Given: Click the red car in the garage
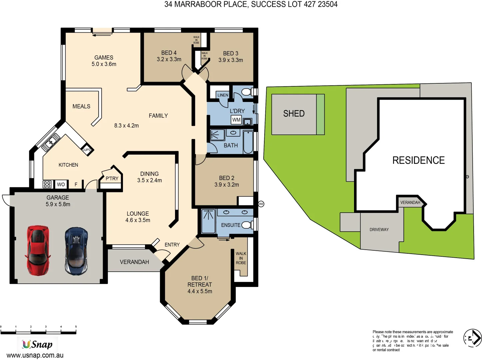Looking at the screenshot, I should pos(38,250).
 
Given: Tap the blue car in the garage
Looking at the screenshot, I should pos(76,251).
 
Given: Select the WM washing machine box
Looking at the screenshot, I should pos(236,120).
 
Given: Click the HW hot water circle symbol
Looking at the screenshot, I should pos(261,204).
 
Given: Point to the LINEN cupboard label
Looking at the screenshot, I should pos(223,95).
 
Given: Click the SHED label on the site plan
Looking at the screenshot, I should pos(294,114).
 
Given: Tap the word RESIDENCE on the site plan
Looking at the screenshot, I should pos(418,160).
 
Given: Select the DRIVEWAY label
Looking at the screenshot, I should pos(379,230).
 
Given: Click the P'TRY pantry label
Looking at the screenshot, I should pos(112,179).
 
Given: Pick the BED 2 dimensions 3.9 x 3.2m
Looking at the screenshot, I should pos(227,185).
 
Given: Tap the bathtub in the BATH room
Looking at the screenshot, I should pos(248,142).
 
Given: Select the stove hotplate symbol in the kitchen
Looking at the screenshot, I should pos(47,184).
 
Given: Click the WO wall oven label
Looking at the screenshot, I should pos(61,184).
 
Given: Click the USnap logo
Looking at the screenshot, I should pos(37,344).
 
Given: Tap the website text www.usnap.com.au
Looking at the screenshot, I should pos(35,355).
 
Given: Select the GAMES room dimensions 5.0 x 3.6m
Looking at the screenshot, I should pos(104,64).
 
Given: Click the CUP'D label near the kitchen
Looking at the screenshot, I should pos(87,150).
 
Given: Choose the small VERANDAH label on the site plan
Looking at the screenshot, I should pos(410,202).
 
